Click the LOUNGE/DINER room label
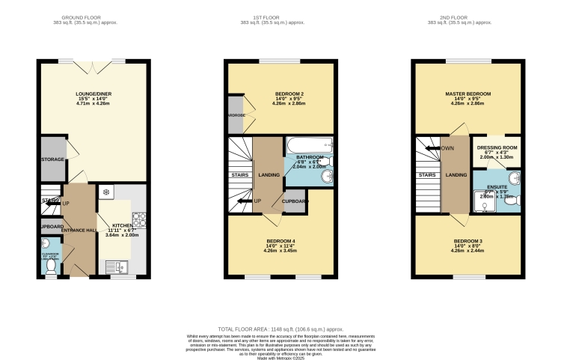pos(93,94)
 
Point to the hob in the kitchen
pos(137,219)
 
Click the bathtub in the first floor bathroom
pos(308,147)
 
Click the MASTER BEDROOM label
pos(468,94)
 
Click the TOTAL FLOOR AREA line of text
pos(280,329)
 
